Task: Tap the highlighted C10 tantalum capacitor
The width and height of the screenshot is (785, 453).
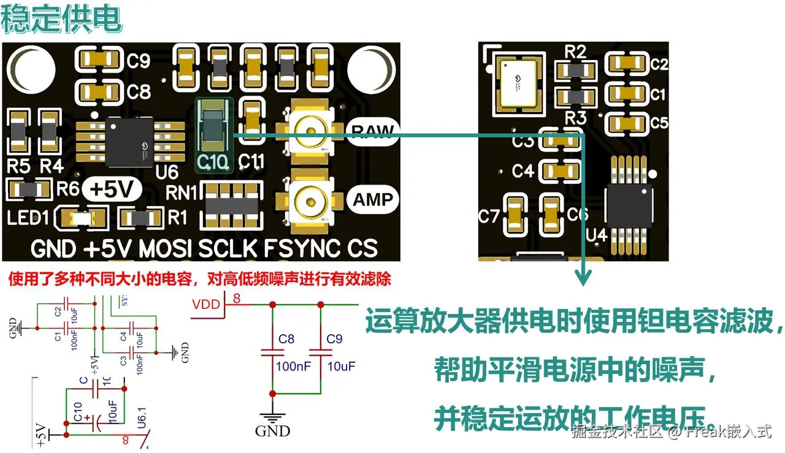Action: tap(214, 129)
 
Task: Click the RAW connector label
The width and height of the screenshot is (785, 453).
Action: tap(373, 130)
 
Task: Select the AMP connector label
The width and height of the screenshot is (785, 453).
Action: tap(373, 199)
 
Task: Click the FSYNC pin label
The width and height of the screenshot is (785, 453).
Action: tap(302, 249)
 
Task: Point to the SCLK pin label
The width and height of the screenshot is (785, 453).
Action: tap(228, 249)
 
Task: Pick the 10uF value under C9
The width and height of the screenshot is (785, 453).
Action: tap(340, 367)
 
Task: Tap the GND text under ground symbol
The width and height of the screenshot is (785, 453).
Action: tap(272, 431)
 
